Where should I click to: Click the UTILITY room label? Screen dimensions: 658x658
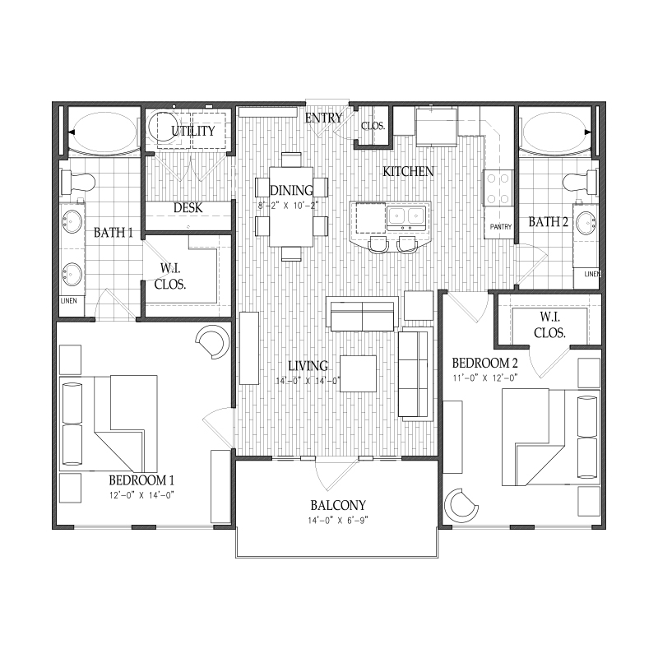(193, 131)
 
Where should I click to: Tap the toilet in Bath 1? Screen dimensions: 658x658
(78, 182)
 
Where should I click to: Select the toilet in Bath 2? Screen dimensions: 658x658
(581, 182)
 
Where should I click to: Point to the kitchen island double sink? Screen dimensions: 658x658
(405, 215)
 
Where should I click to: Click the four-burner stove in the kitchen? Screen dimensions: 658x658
(498, 188)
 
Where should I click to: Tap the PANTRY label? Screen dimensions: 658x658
(501, 227)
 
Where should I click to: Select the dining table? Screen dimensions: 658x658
(291, 206)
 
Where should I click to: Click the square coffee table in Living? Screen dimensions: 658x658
(358, 373)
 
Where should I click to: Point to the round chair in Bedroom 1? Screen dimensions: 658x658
(214, 342)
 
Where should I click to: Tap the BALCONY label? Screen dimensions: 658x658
(338, 505)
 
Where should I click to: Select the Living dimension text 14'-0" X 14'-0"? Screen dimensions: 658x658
(308, 381)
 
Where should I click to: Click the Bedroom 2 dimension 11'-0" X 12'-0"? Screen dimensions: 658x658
(484, 378)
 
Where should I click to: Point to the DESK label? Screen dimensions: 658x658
(188, 207)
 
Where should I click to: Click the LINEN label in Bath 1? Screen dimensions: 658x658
(69, 300)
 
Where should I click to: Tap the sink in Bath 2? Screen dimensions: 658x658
(586, 222)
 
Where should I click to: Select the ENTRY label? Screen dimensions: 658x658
(323, 118)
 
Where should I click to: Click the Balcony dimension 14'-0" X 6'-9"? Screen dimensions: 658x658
(338, 521)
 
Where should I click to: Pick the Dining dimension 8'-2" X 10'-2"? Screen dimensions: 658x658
(289, 206)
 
